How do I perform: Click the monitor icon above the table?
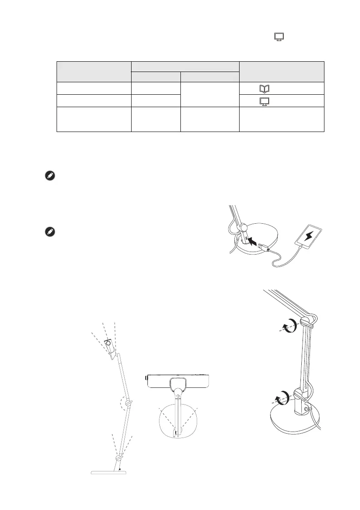tap(279, 37)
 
